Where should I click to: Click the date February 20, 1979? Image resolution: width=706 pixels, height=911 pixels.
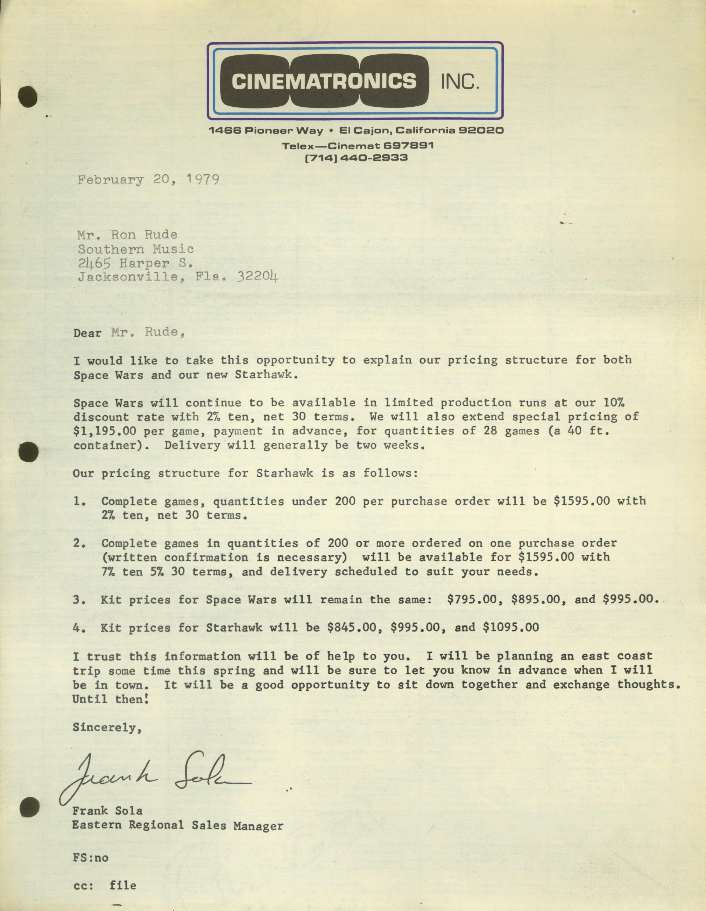click(148, 180)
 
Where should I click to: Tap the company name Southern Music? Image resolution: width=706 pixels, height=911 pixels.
click(136, 249)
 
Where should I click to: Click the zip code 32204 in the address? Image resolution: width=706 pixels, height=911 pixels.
click(257, 277)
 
